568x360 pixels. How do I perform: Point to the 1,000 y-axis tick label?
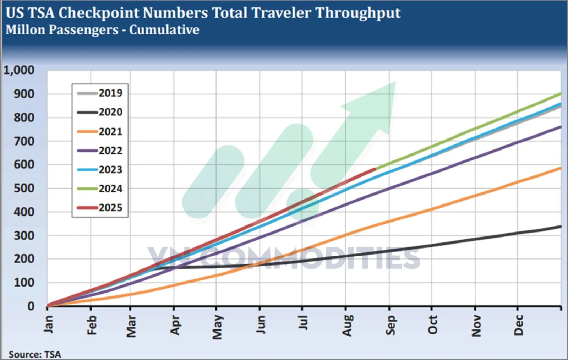pos(19,70)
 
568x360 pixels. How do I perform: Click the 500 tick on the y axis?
pos(24,188)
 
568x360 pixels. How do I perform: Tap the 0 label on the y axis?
pos(31,306)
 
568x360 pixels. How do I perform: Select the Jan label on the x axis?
pos(48,324)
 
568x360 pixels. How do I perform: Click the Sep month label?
pos(390,325)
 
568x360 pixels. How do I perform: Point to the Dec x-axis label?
pos(519,325)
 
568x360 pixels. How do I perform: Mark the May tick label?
pos(217,327)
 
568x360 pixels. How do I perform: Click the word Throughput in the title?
pos(358,13)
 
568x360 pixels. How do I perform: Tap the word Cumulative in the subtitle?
pos(164,30)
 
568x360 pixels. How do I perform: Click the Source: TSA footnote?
pos(35,354)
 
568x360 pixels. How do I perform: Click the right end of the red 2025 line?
pos(375,169)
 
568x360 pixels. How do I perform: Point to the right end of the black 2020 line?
pos(561,227)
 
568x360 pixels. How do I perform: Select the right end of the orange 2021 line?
pos(561,168)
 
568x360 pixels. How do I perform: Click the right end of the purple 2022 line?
pos(561,127)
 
